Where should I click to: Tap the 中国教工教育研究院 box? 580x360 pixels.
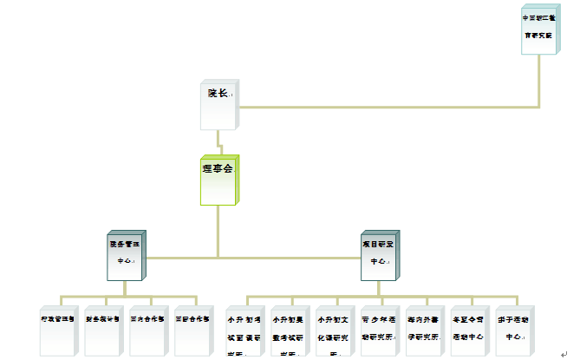(539, 29)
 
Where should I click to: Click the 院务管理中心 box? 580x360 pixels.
(127, 255)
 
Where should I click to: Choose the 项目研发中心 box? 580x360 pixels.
(380, 255)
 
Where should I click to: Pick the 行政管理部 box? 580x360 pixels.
(59, 329)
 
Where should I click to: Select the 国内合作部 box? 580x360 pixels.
(148, 329)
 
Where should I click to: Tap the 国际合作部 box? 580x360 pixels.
(192, 329)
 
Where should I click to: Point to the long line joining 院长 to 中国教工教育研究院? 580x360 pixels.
(390, 108)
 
